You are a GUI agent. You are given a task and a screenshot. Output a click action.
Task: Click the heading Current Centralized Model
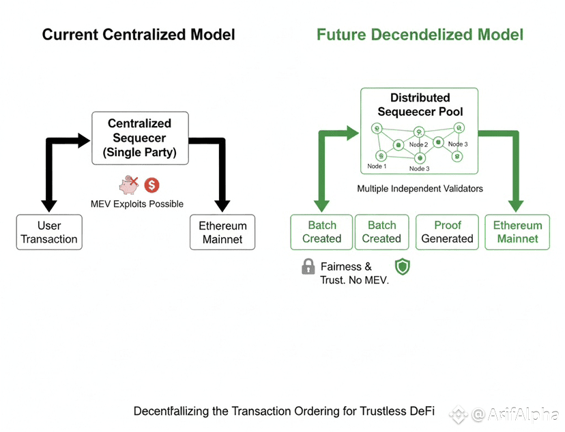139,34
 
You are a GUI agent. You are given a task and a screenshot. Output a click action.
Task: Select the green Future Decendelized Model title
420,34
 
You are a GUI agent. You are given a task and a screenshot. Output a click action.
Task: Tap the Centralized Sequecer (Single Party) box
140,138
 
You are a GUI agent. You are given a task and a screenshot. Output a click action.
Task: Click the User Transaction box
49,232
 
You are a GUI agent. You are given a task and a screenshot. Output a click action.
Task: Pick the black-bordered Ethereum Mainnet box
222,232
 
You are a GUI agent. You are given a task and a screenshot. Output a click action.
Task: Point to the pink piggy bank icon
128,185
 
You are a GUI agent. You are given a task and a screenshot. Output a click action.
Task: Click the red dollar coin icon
151,185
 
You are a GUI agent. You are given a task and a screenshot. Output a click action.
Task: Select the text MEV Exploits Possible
137,204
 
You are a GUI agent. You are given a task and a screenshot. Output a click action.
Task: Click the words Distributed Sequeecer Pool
420,105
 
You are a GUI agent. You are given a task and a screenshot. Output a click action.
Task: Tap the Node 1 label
377,167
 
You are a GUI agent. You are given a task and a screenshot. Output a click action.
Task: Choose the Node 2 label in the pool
418,145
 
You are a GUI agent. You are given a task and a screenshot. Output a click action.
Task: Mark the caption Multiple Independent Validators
420,188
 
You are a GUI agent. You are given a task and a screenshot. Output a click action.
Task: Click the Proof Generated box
447,232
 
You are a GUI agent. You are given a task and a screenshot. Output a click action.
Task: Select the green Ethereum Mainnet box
517,232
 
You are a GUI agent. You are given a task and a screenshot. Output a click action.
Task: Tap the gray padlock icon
308,266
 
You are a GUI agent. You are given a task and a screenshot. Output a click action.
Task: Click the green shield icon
402,266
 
